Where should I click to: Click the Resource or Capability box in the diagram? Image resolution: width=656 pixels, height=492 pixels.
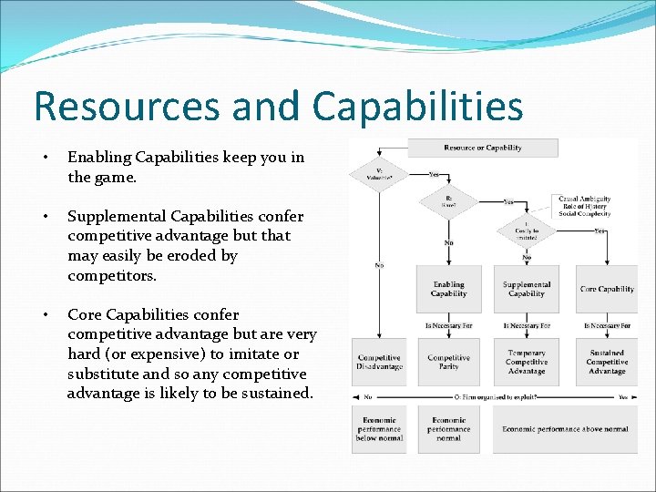coord(483,148)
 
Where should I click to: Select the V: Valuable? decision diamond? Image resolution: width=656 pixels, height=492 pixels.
coord(379,174)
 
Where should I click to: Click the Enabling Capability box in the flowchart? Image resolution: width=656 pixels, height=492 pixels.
coord(448,289)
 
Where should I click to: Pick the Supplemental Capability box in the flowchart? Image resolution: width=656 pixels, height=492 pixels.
coord(526,289)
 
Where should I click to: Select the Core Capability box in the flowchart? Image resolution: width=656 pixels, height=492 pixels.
coord(607,289)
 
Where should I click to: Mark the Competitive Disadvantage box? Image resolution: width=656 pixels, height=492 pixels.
coord(379,363)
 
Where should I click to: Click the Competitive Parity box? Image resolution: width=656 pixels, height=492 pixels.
coord(448,363)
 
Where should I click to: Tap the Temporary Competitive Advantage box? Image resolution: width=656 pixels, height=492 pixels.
coord(526,363)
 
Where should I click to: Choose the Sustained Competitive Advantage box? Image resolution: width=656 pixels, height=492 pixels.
coord(607,363)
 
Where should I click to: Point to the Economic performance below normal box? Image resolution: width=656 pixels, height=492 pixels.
coord(379,428)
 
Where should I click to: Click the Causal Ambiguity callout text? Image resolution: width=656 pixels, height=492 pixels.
coord(584,206)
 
